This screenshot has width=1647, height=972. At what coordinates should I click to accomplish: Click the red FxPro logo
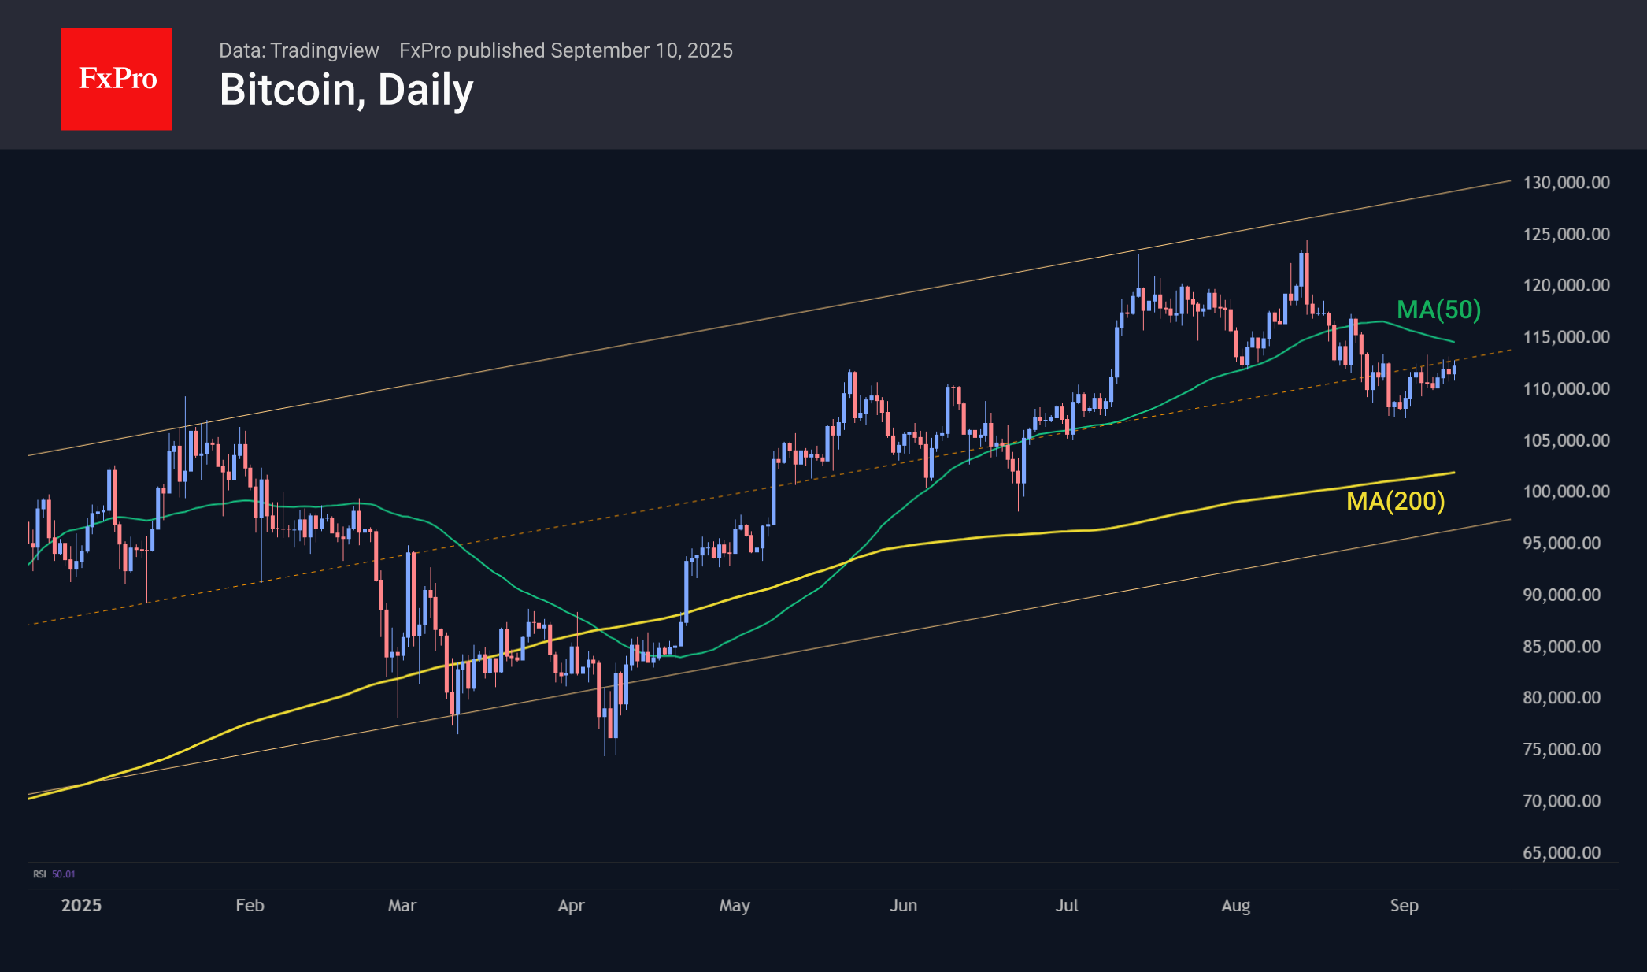pyautogui.click(x=117, y=79)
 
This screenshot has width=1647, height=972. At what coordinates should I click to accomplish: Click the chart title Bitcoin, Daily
pyautogui.click(x=346, y=90)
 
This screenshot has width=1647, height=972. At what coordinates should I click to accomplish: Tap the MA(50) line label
pyautogui.click(x=1438, y=310)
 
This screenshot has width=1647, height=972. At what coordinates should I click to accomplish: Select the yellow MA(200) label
pyautogui.click(x=1395, y=501)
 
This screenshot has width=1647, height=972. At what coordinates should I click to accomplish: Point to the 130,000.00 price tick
pyautogui.click(x=1566, y=183)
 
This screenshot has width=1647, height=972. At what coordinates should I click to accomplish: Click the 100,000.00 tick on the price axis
pyautogui.click(x=1566, y=492)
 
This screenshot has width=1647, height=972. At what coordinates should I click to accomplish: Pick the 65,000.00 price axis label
pyautogui.click(x=1561, y=852)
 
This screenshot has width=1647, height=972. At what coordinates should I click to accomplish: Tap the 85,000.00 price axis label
pyautogui.click(x=1561, y=647)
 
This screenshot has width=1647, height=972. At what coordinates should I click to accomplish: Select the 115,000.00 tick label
pyautogui.click(x=1566, y=337)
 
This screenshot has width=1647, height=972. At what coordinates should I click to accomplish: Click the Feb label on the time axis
pyautogui.click(x=250, y=905)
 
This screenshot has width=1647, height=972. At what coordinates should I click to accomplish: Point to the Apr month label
pyautogui.click(x=571, y=905)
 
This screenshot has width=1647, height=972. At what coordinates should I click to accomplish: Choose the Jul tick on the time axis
pyautogui.click(x=1067, y=905)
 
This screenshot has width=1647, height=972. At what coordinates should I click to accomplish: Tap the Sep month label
pyautogui.click(x=1404, y=905)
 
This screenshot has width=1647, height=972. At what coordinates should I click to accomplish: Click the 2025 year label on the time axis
pyautogui.click(x=81, y=905)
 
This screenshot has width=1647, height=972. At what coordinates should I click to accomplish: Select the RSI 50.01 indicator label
pyautogui.click(x=54, y=874)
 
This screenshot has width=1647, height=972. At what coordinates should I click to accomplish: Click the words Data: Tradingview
pyautogui.click(x=298, y=50)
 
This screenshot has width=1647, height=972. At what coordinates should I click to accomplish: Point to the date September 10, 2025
pyautogui.click(x=642, y=50)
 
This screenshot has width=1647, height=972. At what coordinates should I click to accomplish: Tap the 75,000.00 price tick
pyautogui.click(x=1561, y=749)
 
